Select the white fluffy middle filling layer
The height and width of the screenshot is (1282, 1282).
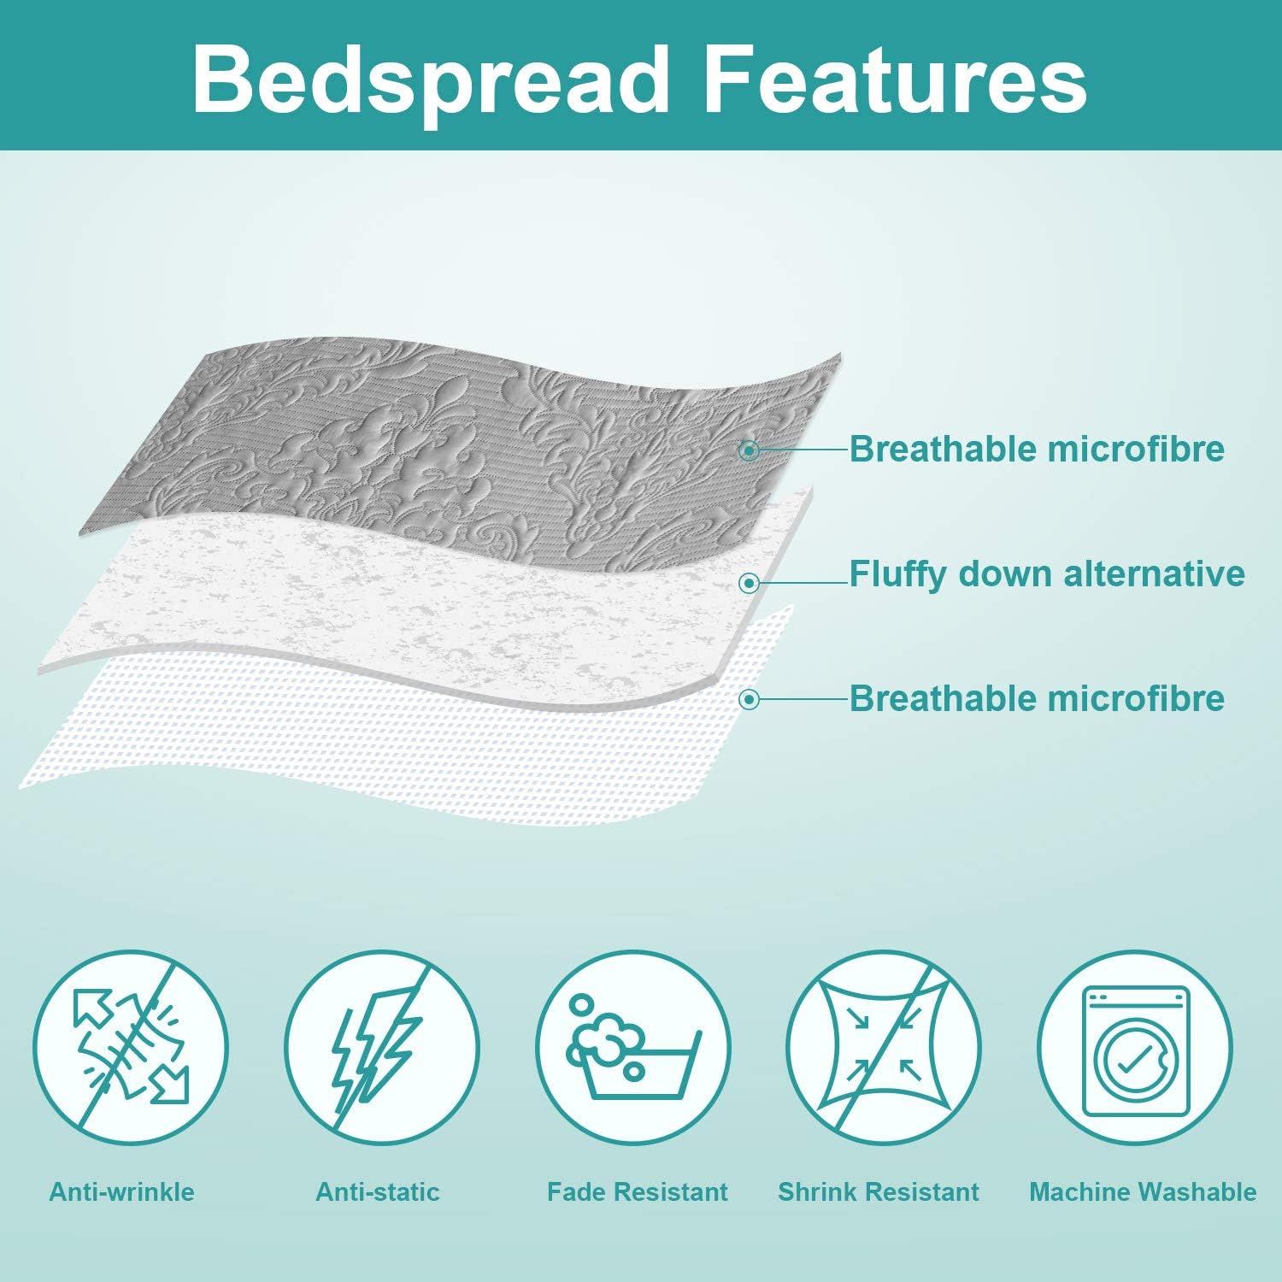pyautogui.click(x=385, y=598)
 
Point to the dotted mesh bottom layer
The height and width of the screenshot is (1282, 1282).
pyautogui.click(x=342, y=744)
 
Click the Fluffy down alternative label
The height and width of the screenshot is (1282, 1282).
pyautogui.click(x=1046, y=573)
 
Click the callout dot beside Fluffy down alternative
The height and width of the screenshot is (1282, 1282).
pyautogui.click(x=750, y=583)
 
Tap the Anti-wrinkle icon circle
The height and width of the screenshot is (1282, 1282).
pyautogui.click(x=131, y=1049)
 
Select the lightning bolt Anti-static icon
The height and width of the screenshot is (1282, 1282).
pyautogui.click(x=381, y=1049)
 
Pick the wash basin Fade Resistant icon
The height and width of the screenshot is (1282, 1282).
pyautogui.click(x=633, y=1049)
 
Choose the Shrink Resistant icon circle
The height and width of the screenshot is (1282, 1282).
pyautogui.click(x=884, y=1049)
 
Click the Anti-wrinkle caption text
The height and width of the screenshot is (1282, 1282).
pyautogui.click(x=122, y=1191)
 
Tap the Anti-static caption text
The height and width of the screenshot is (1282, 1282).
pyautogui.click(x=378, y=1191)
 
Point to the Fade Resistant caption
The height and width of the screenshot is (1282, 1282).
pyautogui.click(x=638, y=1191)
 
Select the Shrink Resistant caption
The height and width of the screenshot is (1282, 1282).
pyautogui.click(x=879, y=1191)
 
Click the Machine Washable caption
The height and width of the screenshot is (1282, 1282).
pyautogui.click(x=1143, y=1191)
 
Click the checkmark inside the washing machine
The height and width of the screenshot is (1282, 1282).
pyautogui.click(x=1134, y=1062)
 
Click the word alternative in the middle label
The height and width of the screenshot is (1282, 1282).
pyautogui.click(x=1154, y=573)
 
